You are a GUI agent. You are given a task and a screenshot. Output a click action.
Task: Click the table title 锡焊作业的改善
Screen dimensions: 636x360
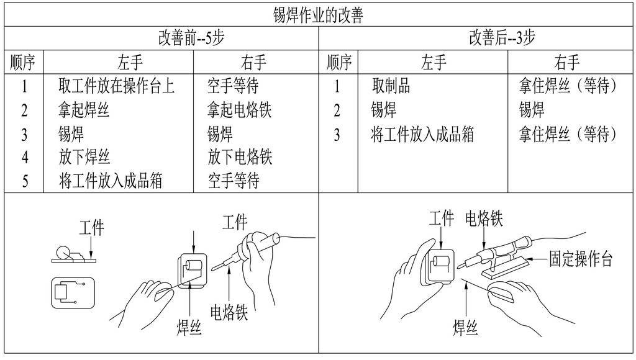click(317, 16)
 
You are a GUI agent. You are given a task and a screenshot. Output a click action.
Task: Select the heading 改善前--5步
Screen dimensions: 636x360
click(191, 38)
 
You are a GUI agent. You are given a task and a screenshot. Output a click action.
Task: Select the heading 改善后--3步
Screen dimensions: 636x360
click(502, 38)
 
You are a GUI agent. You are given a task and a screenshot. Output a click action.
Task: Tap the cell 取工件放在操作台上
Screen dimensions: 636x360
click(116, 86)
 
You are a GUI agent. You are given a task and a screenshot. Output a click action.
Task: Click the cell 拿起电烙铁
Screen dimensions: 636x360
click(239, 110)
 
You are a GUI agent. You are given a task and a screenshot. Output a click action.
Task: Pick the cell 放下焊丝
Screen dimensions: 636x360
click(84, 157)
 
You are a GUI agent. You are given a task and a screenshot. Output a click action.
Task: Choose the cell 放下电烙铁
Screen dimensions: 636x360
click(240, 157)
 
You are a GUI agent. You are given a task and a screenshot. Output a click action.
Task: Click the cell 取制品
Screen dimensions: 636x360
click(391, 86)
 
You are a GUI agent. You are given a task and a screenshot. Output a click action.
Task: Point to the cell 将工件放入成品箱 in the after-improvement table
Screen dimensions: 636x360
click(422, 134)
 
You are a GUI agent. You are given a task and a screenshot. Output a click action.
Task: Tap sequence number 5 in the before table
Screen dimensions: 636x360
click(25, 181)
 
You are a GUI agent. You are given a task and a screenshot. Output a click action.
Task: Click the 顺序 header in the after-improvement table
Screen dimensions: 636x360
click(339, 63)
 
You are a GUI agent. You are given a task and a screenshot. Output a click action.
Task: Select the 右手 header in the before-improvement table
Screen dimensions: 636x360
click(253, 63)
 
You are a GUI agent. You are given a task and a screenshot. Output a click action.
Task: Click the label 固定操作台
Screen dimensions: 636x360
click(581, 259)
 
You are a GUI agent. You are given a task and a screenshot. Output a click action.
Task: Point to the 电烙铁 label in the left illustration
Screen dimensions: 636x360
click(229, 312)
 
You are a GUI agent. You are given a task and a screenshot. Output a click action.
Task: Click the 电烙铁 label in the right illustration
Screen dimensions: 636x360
click(484, 218)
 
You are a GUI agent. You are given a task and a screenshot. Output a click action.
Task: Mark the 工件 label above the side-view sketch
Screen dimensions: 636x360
click(92, 227)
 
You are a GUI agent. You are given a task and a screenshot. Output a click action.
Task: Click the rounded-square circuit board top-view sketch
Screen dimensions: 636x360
click(73, 293)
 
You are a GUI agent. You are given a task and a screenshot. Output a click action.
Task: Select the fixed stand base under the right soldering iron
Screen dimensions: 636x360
click(506, 269)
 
